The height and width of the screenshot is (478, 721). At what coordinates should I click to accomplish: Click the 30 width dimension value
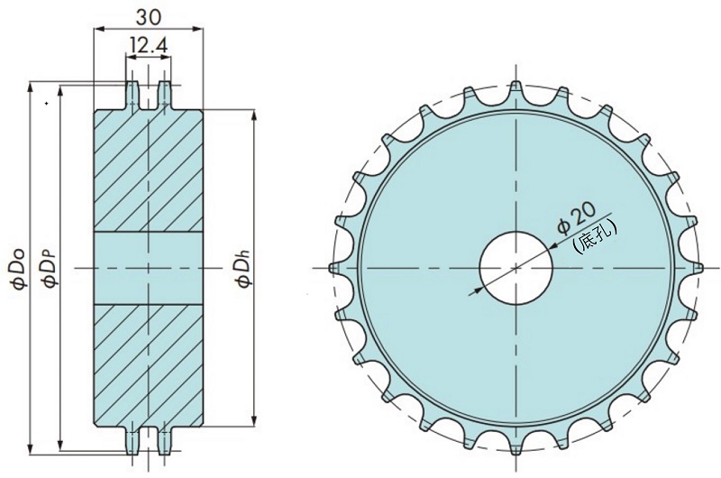point(149,17)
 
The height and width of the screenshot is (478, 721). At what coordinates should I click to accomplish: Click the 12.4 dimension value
point(149,45)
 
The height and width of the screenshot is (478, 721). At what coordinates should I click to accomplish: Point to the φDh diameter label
point(243,268)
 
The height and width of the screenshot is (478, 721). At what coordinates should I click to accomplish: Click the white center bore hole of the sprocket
point(516,268)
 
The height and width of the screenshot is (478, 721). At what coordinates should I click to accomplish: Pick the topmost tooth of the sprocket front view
point(516,89)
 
